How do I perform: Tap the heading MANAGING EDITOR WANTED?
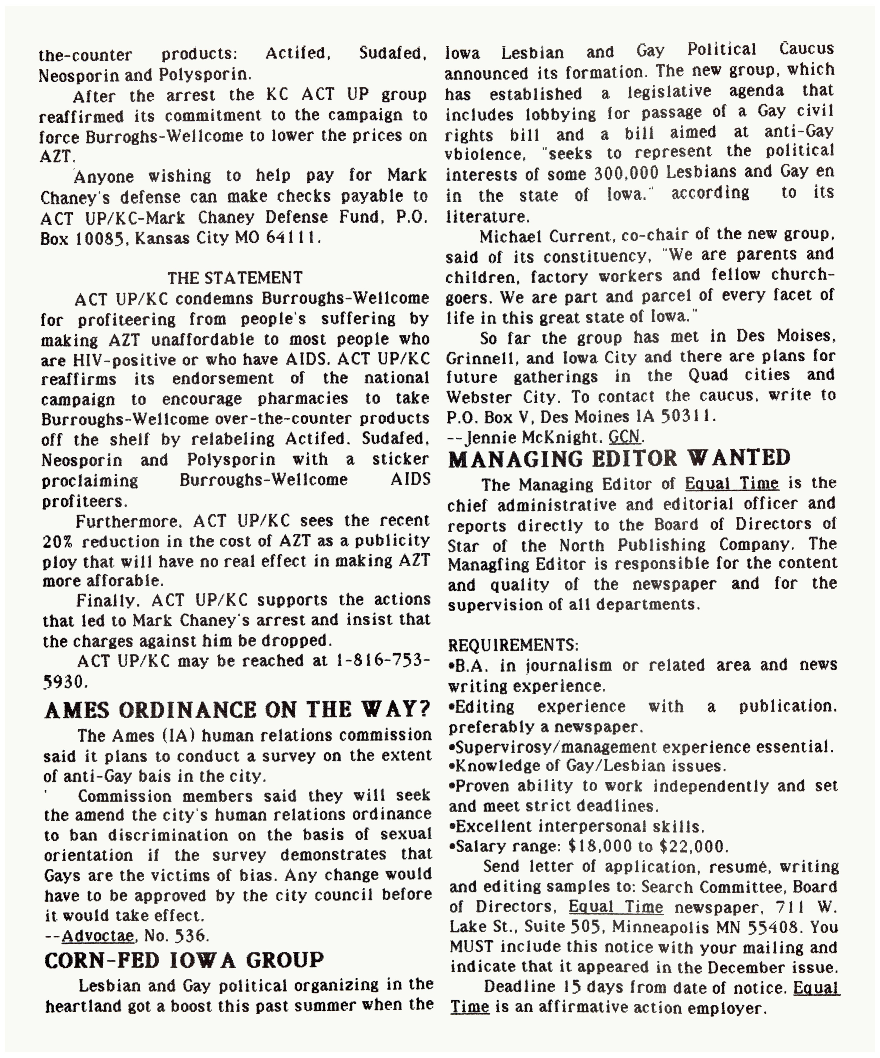(619, 459)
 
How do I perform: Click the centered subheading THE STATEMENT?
(235, 278)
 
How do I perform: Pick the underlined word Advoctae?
(98, 936)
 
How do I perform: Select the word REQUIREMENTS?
(513, 645)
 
